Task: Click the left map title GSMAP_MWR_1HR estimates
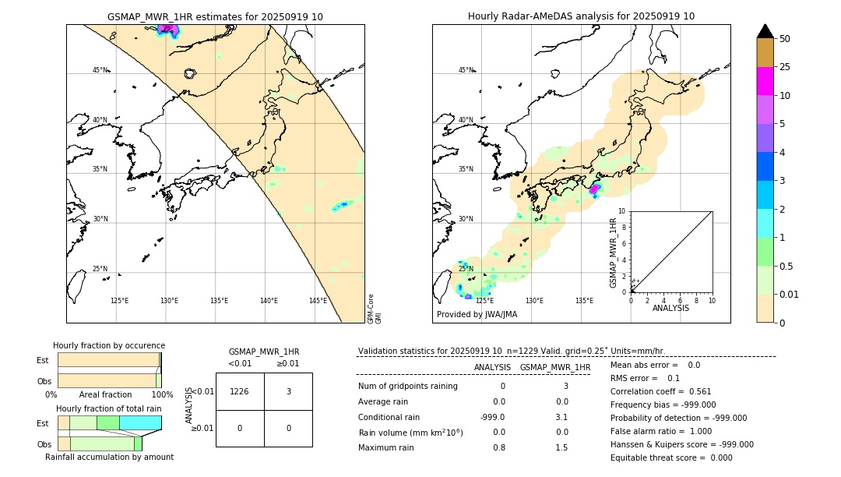coord(215,16)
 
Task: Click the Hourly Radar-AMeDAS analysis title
coord(581,16)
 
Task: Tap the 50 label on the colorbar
coord(785,39)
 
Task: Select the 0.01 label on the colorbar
coord(790,294)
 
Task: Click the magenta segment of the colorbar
coord(765,81)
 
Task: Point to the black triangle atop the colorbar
coord(765,31)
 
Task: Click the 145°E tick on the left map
coord(318,301)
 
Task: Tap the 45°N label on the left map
coord(100,70)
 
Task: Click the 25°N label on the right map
coord(466,269)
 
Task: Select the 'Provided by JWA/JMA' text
coord(477,314)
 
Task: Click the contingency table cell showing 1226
coord(240,392)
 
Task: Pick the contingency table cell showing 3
coord(288,392)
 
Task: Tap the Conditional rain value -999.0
coord(493,417)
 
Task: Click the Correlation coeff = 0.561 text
coord(660,392)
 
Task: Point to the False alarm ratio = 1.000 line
coord(660,431)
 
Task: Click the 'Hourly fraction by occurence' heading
coord(109,345)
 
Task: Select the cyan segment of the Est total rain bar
coord(140,422)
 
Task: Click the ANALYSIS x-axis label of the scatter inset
coord(671,308)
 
